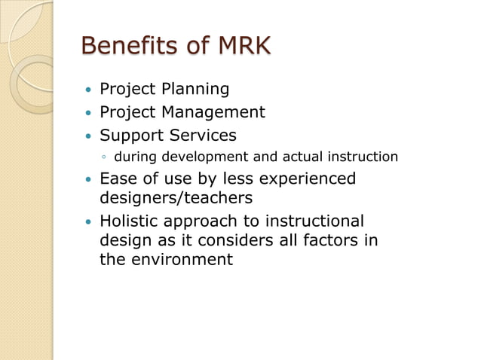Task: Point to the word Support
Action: click(130, 136)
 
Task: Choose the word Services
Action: click(201, 136)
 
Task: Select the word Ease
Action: click(117, 179)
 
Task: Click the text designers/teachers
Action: click(176, 198)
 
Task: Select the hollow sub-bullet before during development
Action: click(105, 157)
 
